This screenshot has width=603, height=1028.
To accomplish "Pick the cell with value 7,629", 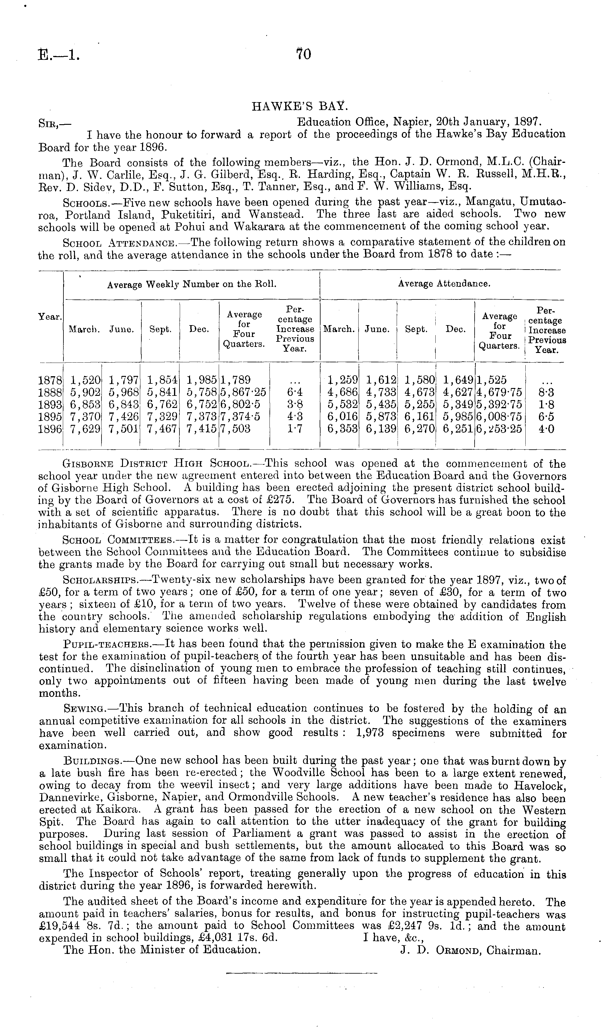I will [85, 429].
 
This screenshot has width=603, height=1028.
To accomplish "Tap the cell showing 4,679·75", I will [499, 393].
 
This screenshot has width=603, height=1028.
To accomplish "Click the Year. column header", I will [50, 317].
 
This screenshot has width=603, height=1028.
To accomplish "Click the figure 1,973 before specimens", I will [370, 733].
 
